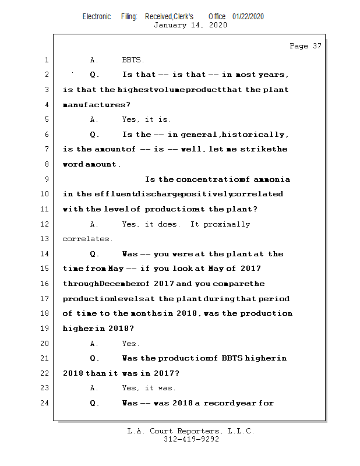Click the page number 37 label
click(x=305, y=46)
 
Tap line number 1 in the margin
click(x=47, y=60)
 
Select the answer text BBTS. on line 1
click(x=133, y=60)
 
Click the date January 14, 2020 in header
click(x=190, y=25)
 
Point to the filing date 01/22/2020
click(x=248, y=16)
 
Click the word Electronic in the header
click(x=97, y=16)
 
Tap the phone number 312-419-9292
click(x=191, y=440)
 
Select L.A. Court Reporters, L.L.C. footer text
click(x=191, y=431)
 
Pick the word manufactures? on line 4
click(x=97, y=105)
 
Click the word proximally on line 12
click(x=227, y=224)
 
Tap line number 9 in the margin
click(x=47, y=179)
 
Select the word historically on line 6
click(x=253, y=135)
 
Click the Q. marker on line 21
click(x=95, y=358)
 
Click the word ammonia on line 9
click(x=270, y=179)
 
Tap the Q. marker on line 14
click(x=95, y=254)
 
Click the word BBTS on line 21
click(x=232, y=358)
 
